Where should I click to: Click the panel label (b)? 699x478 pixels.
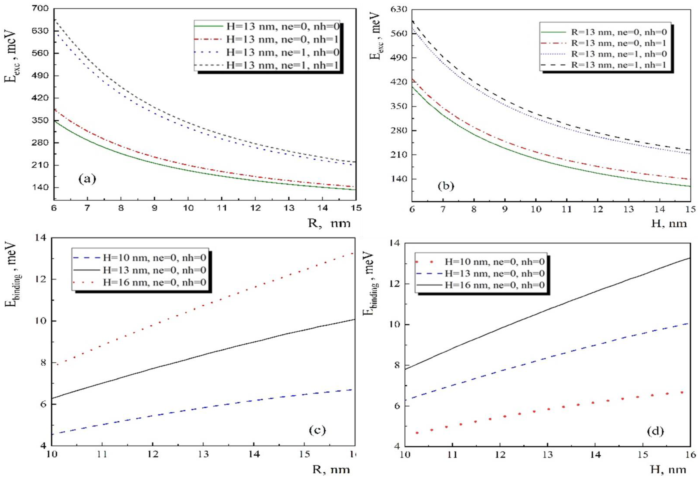coord(446,186)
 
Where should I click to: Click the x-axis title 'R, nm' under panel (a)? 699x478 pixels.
coord(329,223)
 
